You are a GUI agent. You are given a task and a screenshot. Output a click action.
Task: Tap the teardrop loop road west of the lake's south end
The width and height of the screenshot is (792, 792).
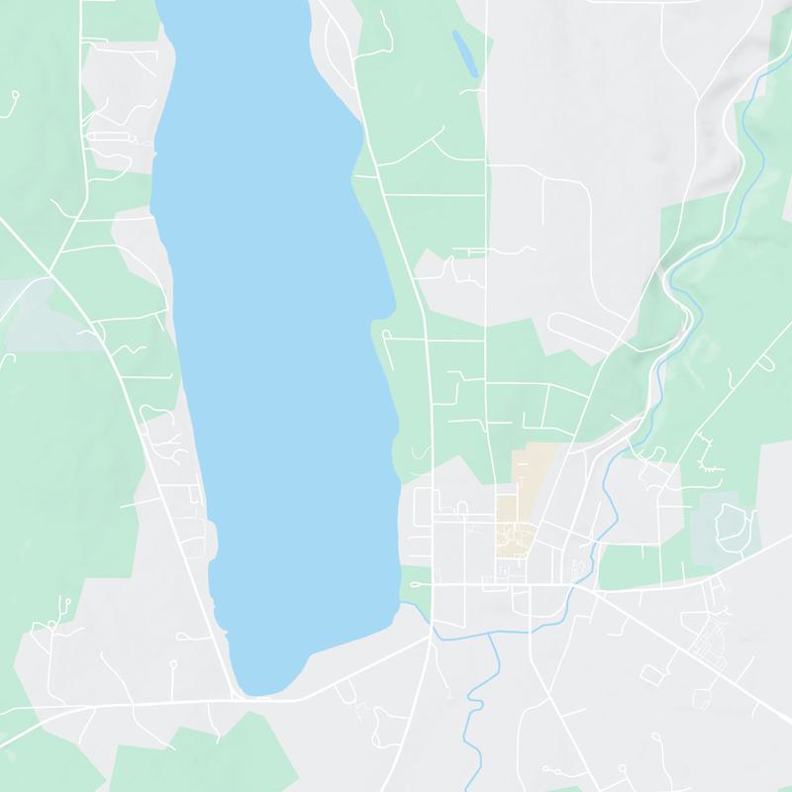64,603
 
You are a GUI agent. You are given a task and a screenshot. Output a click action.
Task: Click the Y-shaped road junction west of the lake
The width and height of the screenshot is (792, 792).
49,267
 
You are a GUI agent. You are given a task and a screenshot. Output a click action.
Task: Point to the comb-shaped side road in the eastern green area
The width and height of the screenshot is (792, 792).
708,450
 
